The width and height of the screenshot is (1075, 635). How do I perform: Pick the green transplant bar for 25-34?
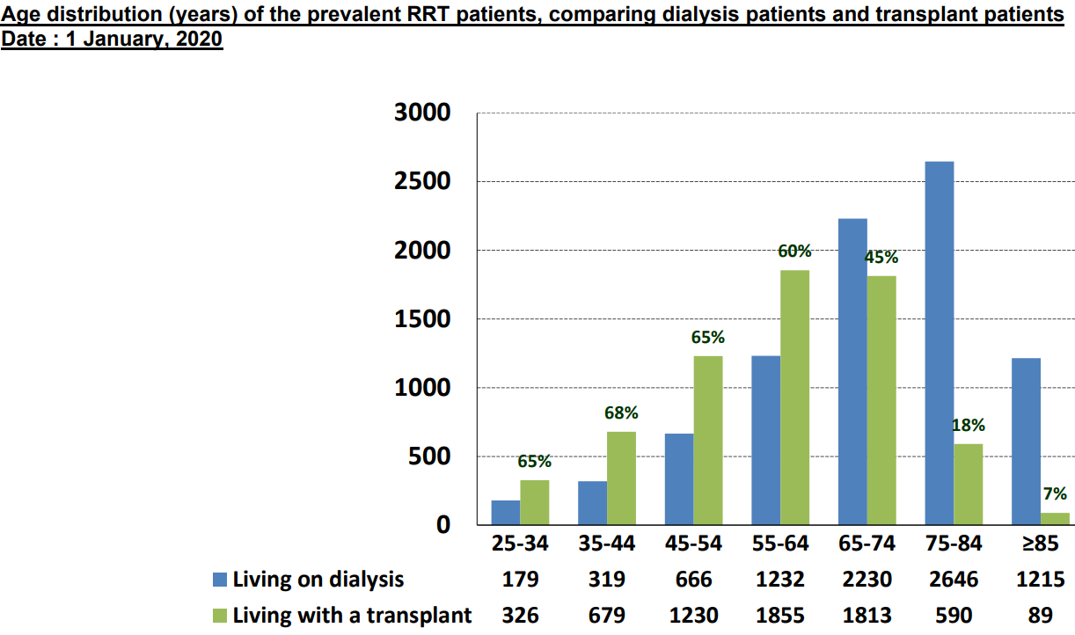point(534,502)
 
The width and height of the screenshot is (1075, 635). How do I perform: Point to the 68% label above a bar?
point(621,412)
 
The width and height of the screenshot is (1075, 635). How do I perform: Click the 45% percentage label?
point(881,258)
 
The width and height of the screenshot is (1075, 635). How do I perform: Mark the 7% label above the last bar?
point(1055,494)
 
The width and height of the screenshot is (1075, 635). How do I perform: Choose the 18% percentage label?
point(969,426)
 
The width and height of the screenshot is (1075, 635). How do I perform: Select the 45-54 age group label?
point(694,544)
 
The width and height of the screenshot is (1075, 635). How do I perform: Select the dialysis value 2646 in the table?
point(954,580)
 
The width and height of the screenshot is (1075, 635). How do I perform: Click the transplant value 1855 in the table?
point(780,615)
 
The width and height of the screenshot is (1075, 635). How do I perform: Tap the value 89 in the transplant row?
point(1041,615)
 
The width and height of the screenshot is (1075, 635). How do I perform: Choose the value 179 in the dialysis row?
point(521,580)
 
